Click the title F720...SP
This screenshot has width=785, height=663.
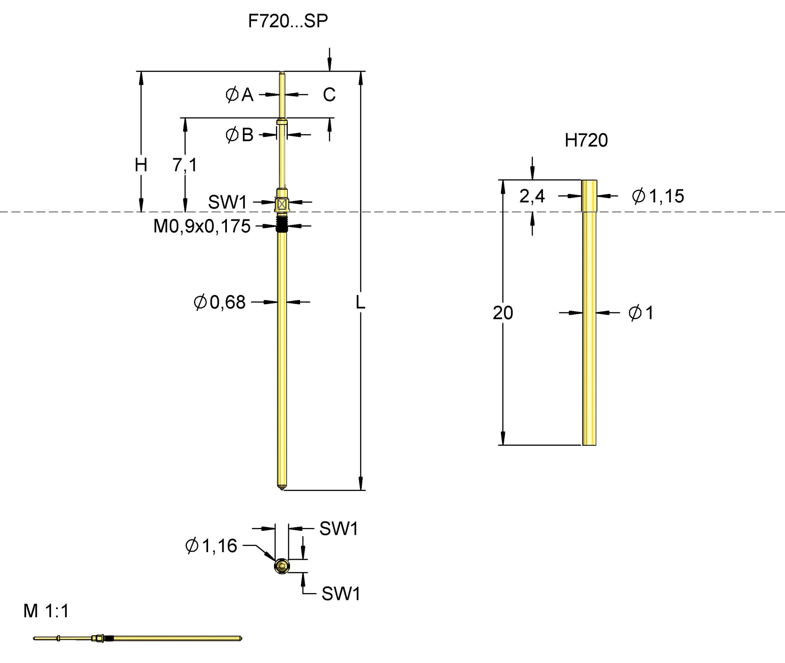[x=288, y=21]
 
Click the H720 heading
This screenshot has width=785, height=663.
[x=586, y=140]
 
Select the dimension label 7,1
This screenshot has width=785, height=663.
[x=185, y=165]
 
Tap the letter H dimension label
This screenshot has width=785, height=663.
[x=141, y=165]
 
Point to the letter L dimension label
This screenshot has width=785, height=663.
[x=360, y=302]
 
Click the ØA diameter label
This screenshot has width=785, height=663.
[x=240, y=95]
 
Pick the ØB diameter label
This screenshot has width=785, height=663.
[x=240, y=135]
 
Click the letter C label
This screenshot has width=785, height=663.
[x=329, y=95]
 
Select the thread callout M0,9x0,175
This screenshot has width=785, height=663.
[x=202, y=226]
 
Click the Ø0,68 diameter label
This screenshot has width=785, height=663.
[x=220, y=302]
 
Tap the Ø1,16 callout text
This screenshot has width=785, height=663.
[x=211, y=546]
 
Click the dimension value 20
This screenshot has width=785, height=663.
[x=502, y=313]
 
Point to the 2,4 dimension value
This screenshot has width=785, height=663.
[x=532, y=196]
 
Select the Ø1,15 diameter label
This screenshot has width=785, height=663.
[x=658, y=196]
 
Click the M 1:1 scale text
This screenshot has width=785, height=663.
[x=46, y=611]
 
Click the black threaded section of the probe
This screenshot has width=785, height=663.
[x=281, y=225]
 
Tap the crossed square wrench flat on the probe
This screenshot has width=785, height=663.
[x=282, y=204]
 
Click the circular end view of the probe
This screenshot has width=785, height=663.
[x=282, y=566]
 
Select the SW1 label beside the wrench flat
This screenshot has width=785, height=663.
[x=227, y=202]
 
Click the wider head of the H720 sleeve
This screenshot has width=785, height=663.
[x=589, y=196]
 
